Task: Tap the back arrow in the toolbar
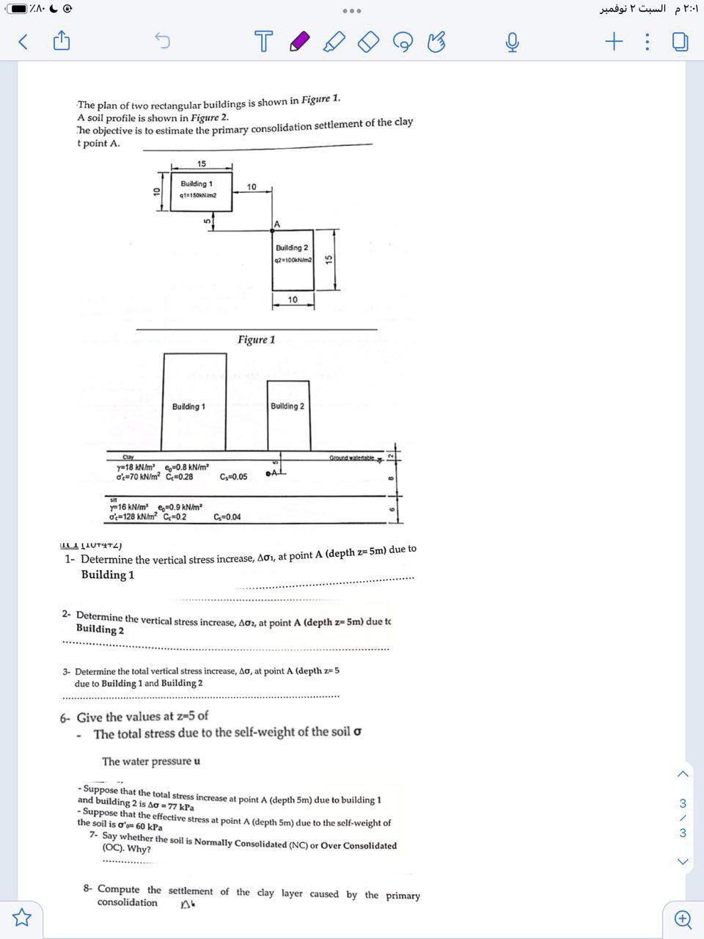pos(23,42)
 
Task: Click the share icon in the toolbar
pos(62,41)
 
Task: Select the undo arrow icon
pos(162,42)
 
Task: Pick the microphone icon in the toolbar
pos(512,43)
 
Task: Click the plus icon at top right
pos(613,42)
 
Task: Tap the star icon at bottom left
pos(22,917)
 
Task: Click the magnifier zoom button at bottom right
pos(682,918)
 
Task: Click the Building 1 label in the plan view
pos(197,183)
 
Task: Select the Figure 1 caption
pos(256,340)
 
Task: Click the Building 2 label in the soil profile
pos(287,406)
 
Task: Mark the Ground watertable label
pos(352,458)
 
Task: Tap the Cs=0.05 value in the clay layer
pos(233,477)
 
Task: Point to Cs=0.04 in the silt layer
pos(227,517)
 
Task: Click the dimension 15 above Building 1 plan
pos(202,164)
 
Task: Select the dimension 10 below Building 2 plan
pos(293,300)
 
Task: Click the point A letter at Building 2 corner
pos(277,224)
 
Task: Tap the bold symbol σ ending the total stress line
pos(357,732)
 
